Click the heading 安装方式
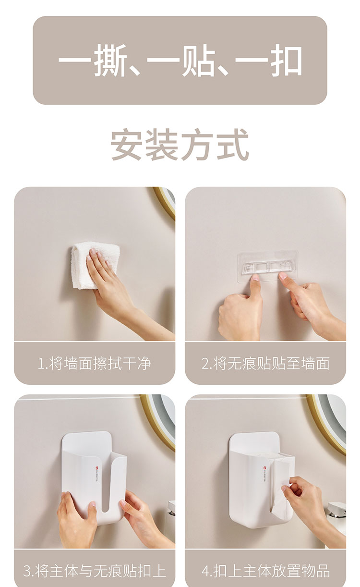pyautogui.click(x=180, y=145)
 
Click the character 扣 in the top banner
pyautogui.click(x=287, y=61)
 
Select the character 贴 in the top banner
pyautogui.click(x=198, y=61)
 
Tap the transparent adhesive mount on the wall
pyautogui.click(x=267, y=266)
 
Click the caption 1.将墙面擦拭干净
pyautogui.click(x=94, y=363)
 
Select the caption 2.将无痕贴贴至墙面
pyautogui.click(x=265, y=363)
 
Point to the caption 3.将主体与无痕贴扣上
pyautogui.click(x=94, y=570)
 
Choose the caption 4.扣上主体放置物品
pyautogui.click(x=265, y=570)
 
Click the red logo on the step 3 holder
pyautogui.click(x=96, y=467)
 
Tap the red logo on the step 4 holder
pyautogui.click(x=264, y=467)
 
